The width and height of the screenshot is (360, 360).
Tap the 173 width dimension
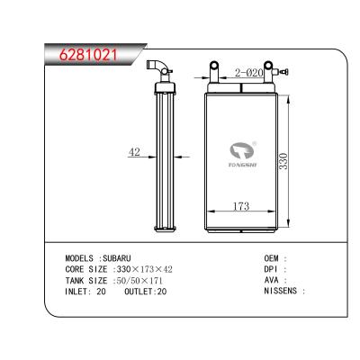click(x=241, y=207)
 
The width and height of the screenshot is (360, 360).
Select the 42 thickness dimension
click(x=135, y=152)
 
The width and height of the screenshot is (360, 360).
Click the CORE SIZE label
click(x=87, y=268)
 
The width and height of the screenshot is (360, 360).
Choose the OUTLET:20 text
click(x=147, y=291)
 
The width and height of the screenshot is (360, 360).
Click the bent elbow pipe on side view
click(x=160, y=67)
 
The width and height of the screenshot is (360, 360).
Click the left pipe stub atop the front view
click(x=216, y=69)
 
